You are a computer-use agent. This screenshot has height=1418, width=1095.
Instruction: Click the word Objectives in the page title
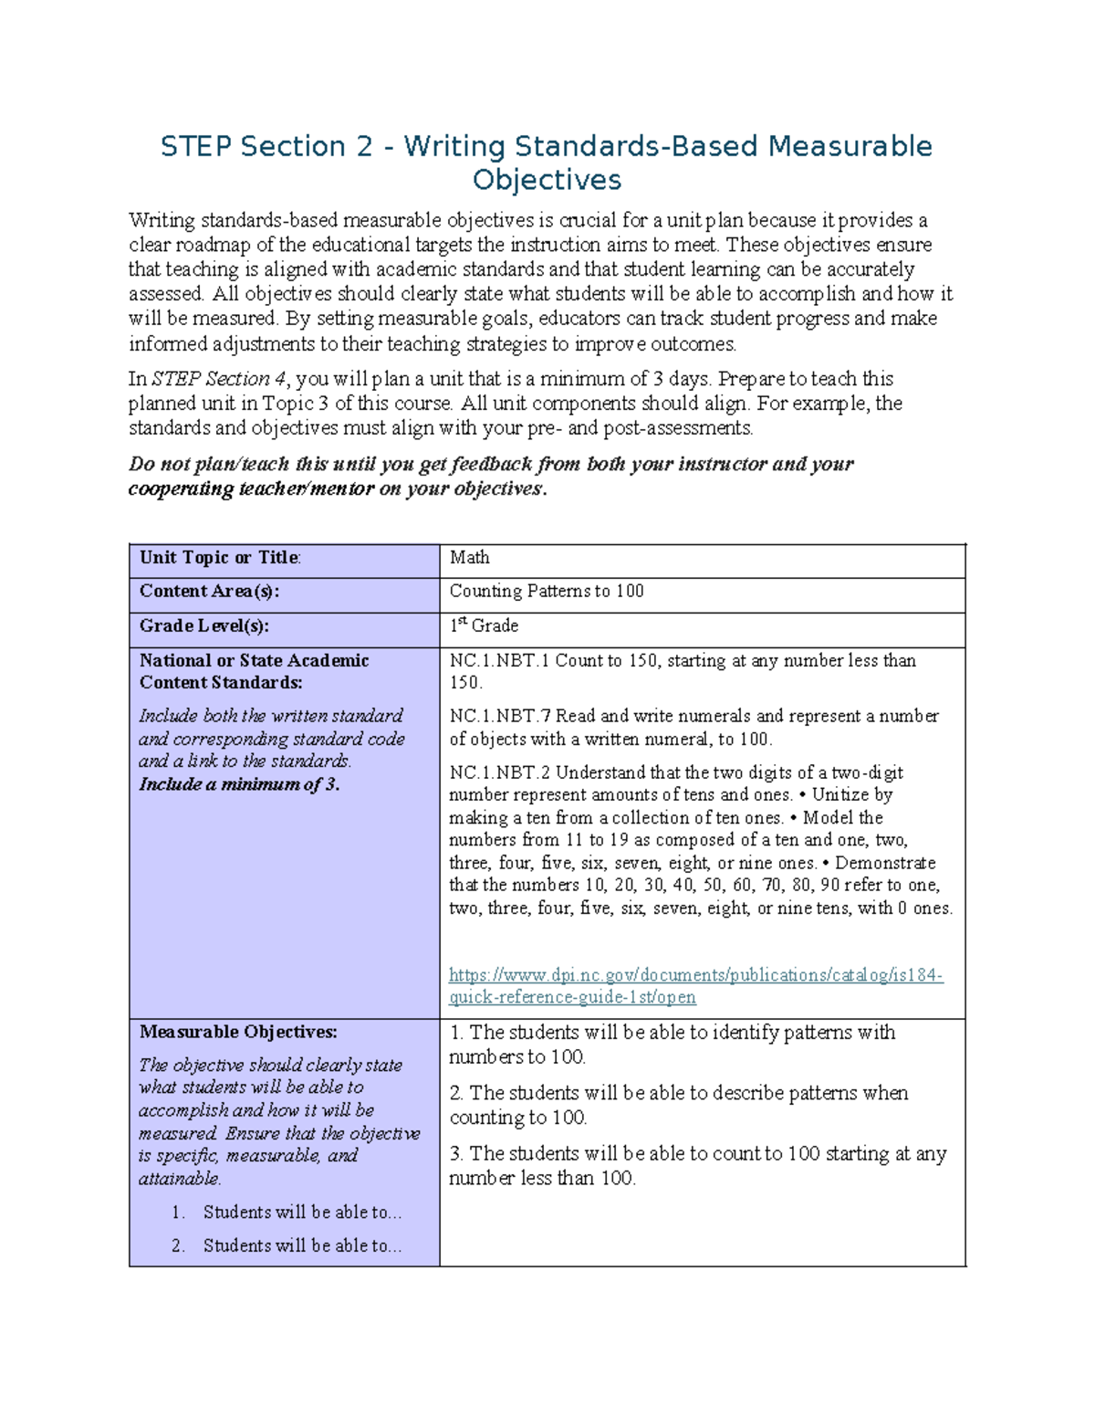547,180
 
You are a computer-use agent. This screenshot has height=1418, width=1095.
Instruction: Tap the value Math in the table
469,558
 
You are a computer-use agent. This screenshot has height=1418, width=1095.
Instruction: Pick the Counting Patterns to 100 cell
547,592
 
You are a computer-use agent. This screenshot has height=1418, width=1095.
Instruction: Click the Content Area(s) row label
209,592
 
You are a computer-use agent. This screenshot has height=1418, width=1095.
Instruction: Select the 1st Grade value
484,626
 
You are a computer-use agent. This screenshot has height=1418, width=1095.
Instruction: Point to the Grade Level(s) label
204,626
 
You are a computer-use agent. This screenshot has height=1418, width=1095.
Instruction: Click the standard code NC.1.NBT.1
499,661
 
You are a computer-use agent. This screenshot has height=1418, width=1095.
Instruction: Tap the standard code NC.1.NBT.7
499,717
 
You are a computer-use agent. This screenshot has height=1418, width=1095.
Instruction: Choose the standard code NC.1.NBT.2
499,772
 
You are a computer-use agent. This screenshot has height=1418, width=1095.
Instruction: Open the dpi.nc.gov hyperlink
695,976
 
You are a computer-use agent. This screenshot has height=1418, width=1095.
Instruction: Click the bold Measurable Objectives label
238,1033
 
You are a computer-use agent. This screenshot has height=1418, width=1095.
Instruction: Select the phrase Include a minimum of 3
239,784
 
